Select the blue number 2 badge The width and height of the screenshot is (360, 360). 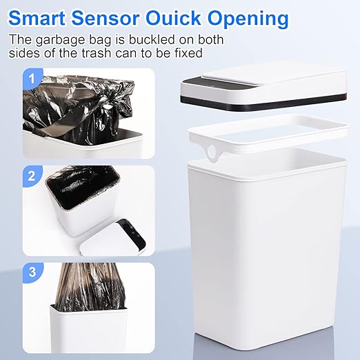[30, 176]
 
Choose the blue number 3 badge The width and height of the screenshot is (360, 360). [30, 271]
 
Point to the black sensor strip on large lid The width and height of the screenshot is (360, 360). [200, 96]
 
